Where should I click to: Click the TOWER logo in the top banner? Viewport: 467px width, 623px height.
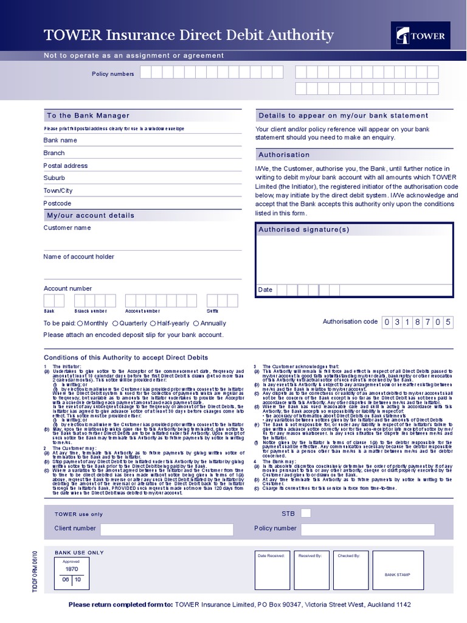tap(421, 35)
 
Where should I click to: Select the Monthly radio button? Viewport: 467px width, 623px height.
tap(80, 324)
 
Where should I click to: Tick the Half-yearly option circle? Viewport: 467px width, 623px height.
tap(153, 324)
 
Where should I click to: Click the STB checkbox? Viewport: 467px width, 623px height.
tap(306, 513)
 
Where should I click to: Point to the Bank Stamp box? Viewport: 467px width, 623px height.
tap(398, 574)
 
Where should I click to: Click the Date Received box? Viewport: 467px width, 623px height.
tap(271, 574)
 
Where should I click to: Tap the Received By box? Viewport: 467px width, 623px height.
tap(311, 574)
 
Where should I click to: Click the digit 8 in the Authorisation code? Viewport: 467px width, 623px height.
tap(417, 322)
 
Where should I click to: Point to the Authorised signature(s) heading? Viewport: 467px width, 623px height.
tap(304, 229)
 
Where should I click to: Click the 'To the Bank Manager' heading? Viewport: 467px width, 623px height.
tap(88, 116)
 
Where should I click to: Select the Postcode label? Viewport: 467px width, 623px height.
tap(57, 203)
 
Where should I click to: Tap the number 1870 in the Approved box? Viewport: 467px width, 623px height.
tap(72, 568)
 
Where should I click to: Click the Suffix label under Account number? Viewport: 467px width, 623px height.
tap(212, 311)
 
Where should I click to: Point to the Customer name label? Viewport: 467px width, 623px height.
tap(67, 228)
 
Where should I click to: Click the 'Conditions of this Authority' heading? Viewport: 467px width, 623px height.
tap(126, 358)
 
